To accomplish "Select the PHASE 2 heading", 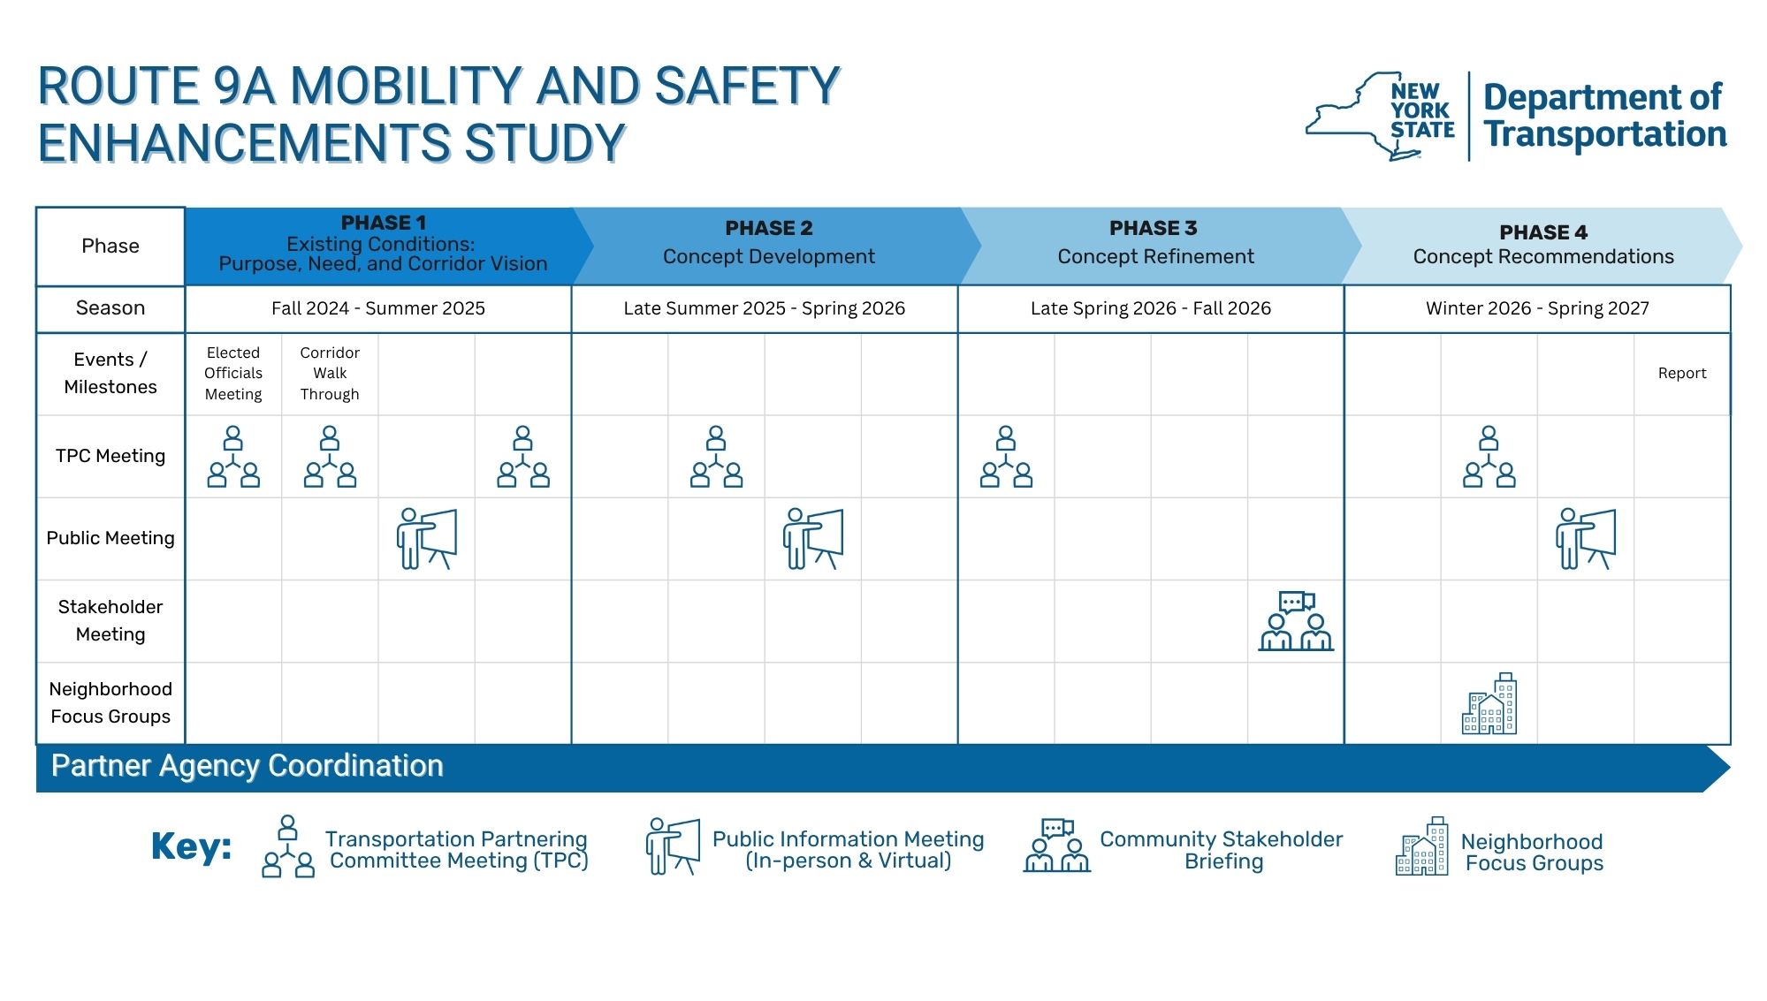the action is [x=768, y=228].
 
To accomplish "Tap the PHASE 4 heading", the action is [x=1543, y=232].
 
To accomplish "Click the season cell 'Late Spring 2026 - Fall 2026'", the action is [x=1151, y=308].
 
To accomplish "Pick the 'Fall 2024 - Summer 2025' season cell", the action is [x=378, y=308].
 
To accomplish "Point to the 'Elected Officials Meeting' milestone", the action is [x=233, y=373].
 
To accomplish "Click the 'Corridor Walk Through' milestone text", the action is [x=330, y=373].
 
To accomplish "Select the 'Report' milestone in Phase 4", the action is [x=1682, y=373].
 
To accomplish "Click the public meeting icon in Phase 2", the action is [x=813, y=538].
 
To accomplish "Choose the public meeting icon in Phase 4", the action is [x=1586, y=538].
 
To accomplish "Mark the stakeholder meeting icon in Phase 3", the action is [x=1296, y=620].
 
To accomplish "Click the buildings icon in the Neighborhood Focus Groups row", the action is [x=1489, y=703].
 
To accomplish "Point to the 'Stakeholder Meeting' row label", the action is [x=110, y=620].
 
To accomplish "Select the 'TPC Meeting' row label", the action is [x=110, y=456].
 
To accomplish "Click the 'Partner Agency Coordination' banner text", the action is [x=247, y=766].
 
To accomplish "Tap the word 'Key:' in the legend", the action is [x=191, y=846].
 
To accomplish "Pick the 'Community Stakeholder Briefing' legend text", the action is [x=1222, y=850].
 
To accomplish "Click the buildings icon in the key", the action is [x=1421, y=846].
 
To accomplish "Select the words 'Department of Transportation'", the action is [x=1604, y=116].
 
